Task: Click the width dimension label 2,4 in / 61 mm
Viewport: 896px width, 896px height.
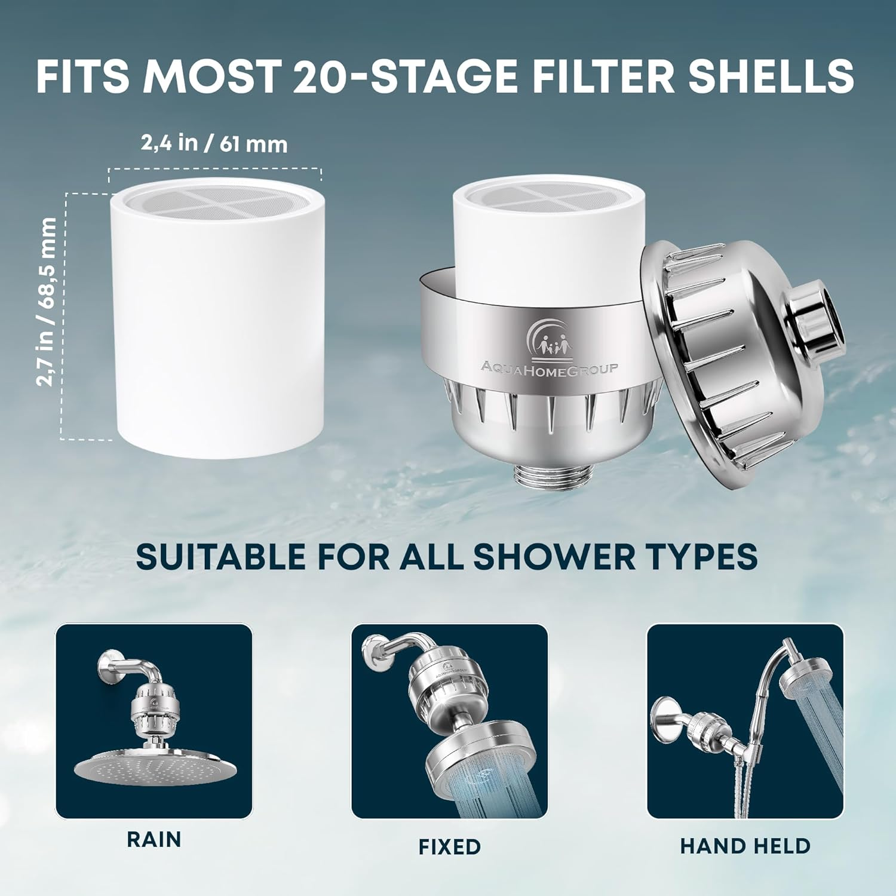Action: pyautogui.click(x=214, y=143)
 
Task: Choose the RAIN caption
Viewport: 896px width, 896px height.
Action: pyautogui.click(x=154, y=839)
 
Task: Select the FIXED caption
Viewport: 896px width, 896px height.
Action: pyautogui.click(x=449, y=846)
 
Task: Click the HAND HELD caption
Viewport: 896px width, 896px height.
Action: pyautogui.click(x=745, y=846)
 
